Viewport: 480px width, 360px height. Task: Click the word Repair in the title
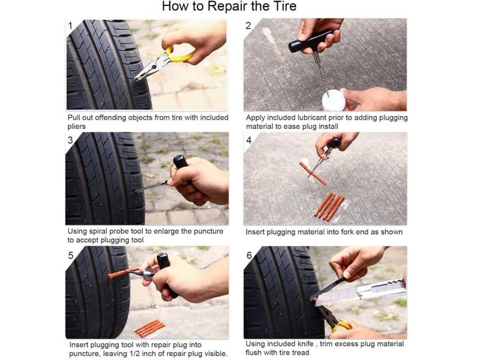tap(229, 7)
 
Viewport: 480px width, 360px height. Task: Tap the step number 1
tap(70, 26)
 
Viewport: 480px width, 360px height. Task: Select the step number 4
tap(249, 140)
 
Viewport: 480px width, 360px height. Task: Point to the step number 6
tap(249, 255)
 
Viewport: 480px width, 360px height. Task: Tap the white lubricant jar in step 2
tap(334, 100)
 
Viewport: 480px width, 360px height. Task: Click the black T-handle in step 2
tap(310, 41)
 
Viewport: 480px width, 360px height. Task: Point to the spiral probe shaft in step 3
tap(151, 187)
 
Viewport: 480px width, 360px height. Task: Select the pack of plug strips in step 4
tap(329, 206)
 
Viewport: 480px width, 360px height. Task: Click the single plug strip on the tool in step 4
tap(313, 173)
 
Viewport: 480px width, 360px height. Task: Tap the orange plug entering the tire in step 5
tap(122, 273)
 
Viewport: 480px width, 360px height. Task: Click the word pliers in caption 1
tap(77, 127)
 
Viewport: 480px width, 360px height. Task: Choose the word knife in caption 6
tap(306, 344)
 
